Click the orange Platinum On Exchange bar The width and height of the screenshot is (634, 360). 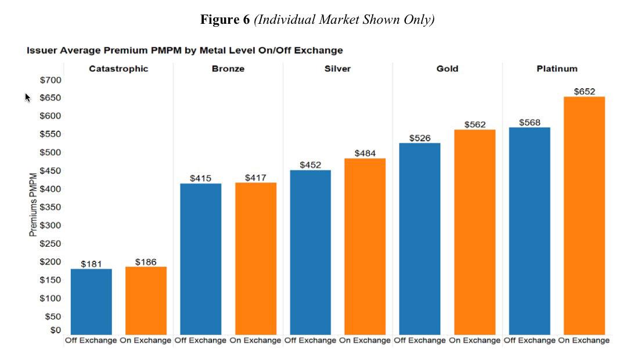[x=584, y=215]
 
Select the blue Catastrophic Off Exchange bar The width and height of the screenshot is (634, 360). [x=91, y=301]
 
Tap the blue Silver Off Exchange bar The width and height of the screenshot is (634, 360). [x=311, y=252]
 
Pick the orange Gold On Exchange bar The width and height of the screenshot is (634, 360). [x=474, y=232]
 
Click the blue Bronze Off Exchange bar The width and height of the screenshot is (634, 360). [x=201, y=258]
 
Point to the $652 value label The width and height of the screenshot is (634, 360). [x=585, y=91]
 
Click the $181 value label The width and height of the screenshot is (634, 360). [x=91, y=264]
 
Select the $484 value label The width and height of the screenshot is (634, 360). [x=365, y=153]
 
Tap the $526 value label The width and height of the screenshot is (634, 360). [x=420, y=138]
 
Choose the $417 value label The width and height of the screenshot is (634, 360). [x=255, y=178]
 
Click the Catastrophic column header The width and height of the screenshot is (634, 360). [x=118, y=69]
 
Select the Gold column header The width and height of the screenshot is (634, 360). [x=447, y=69]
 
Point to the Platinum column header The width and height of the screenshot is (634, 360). [x=557, y=69]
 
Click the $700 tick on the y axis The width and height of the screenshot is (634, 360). [x=51, y=80]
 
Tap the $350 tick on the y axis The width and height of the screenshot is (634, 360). [x=51, y=207]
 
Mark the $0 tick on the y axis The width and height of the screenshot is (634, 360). [x=55, y=330]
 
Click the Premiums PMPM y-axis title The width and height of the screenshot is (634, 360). [x=33, y=204]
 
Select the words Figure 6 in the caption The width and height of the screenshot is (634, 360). [x=225, y=19]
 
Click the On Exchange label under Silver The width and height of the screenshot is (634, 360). [x=365, y=341]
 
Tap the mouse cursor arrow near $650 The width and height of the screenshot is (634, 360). [x=27, y=97]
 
